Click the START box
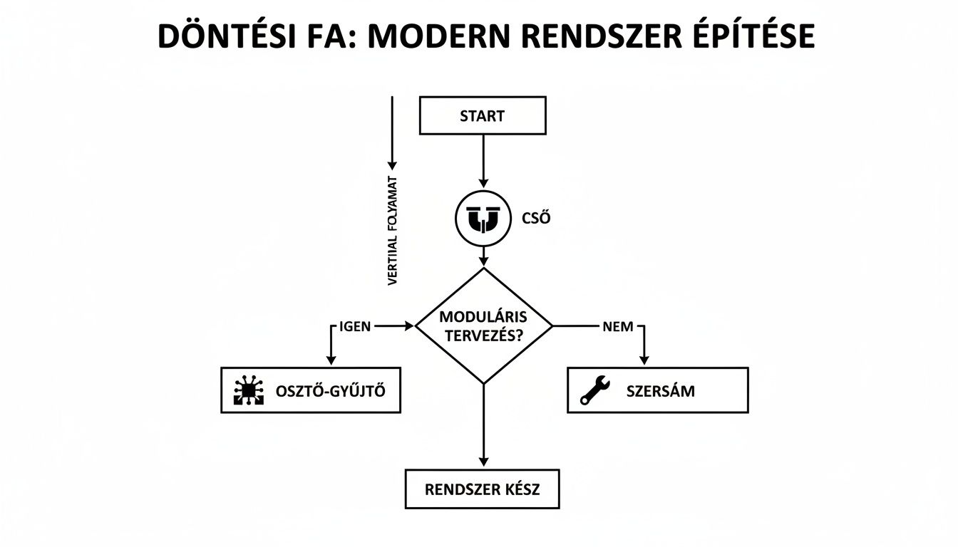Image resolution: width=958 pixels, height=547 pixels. (483, 116)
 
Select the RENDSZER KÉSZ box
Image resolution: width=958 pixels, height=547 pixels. (483, 489)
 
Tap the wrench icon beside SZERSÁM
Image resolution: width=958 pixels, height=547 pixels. (595, 390)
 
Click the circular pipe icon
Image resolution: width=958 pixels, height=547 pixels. (483, 219)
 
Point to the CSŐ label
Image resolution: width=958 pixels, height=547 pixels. (536, 219)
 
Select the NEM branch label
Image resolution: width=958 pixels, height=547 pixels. (618, 326)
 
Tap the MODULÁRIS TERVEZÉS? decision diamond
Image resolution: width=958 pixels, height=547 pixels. (483, 326)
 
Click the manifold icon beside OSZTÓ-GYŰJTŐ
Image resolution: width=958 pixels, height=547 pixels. (249, 390)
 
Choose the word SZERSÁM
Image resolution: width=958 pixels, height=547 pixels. (660, 390)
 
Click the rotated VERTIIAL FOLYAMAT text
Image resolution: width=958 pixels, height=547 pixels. (393, 231)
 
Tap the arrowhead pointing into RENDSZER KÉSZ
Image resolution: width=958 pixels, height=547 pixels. (483, 462)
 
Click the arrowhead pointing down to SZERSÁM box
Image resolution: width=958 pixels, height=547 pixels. (644, 360)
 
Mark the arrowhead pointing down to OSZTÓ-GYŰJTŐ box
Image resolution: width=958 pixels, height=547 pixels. (330, 360)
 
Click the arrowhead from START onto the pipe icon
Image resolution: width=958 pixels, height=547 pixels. (483, 183)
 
